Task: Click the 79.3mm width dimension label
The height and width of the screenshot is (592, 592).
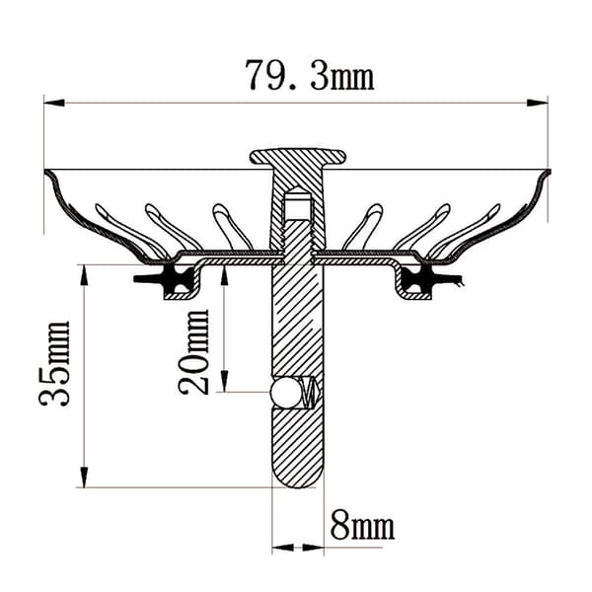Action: (x=310, y=75)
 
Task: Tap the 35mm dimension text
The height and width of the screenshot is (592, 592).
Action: (x=55, y=363)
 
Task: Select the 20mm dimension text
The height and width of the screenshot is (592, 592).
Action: (x=193, y=352)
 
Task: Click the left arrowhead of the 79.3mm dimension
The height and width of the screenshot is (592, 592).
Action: (x=54, y=103)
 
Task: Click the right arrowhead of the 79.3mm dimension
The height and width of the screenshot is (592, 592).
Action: (x=538, y=103)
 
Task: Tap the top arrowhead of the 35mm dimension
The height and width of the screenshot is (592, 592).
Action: (x=84, y=275)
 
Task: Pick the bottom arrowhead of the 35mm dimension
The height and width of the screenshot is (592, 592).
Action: (x=84, y=478)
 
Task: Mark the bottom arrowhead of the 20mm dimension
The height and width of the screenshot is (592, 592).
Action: (x=225, y=381)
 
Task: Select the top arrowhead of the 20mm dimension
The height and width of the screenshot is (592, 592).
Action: (x=225, y=275)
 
